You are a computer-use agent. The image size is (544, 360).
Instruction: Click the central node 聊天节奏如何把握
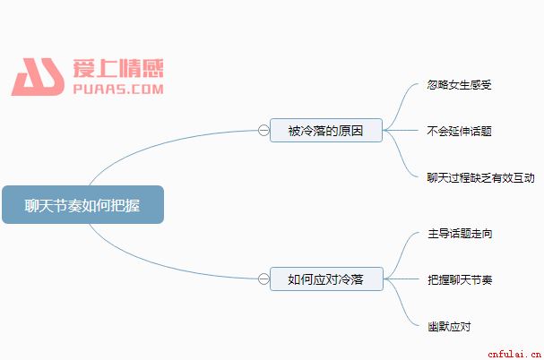(83, 204)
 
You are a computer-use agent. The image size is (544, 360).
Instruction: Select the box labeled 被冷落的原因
(326, 131)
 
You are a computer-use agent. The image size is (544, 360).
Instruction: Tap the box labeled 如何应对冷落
(326, 279)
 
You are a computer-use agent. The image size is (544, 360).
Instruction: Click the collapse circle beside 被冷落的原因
(263, 131)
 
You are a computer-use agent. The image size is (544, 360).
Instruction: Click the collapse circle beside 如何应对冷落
(263, 279)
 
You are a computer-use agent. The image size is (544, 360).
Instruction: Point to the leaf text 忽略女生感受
(460, 85)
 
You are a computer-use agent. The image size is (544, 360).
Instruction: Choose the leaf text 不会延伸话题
(460, 131)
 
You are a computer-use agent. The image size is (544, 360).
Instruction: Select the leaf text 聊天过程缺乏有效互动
(480, 178)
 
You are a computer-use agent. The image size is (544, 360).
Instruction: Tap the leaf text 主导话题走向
(460, 234)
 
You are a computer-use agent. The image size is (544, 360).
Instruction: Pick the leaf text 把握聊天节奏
(460, 280)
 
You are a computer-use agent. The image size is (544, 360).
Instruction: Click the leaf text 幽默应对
(449, 326)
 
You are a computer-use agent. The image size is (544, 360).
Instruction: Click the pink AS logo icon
(39, 77)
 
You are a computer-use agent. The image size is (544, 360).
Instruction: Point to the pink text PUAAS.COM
(118, 90)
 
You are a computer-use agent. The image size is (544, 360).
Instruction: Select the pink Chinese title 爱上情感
(118, 68)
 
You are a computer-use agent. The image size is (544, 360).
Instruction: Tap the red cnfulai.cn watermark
(514, 354)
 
